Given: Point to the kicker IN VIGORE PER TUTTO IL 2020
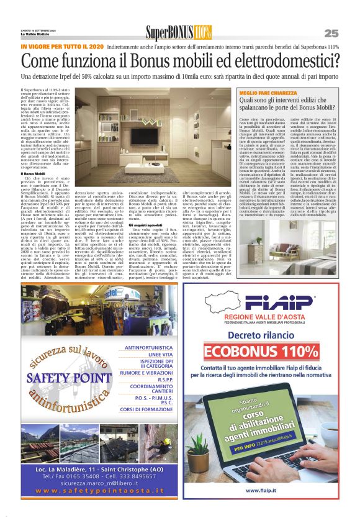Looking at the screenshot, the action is coord(62,47).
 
